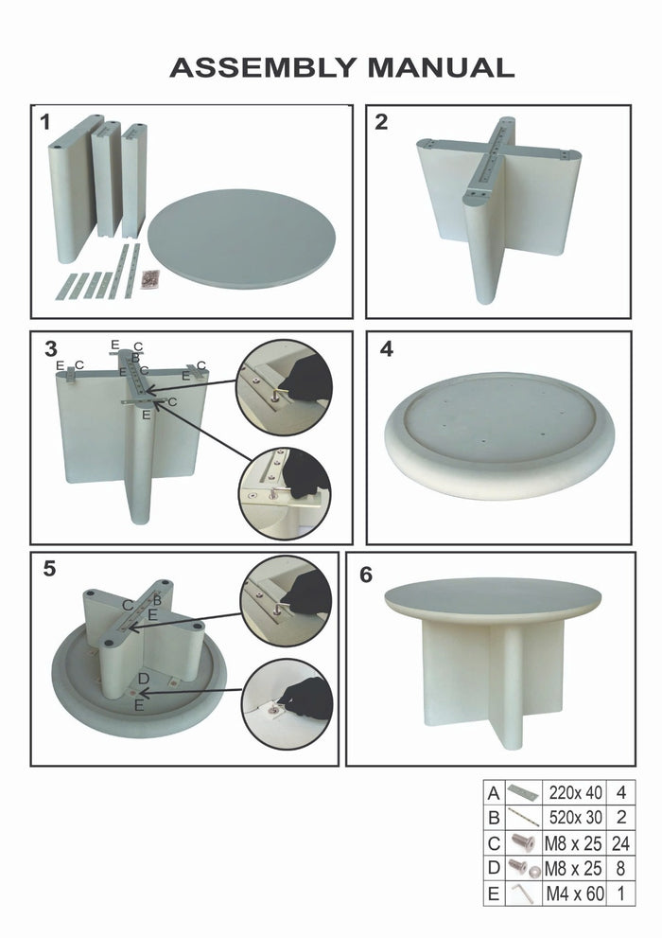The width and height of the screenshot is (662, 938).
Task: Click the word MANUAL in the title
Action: coord(441,68)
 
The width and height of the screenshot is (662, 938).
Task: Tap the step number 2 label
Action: coord(381,122)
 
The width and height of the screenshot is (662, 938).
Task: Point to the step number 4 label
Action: coord(386,348)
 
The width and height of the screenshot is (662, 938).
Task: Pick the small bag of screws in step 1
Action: coord(149,279)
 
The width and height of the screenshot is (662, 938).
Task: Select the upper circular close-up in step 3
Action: coord(284,386)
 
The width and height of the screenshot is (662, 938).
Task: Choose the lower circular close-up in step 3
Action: coord(284,492)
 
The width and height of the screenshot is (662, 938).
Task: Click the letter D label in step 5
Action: coord(143,679)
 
